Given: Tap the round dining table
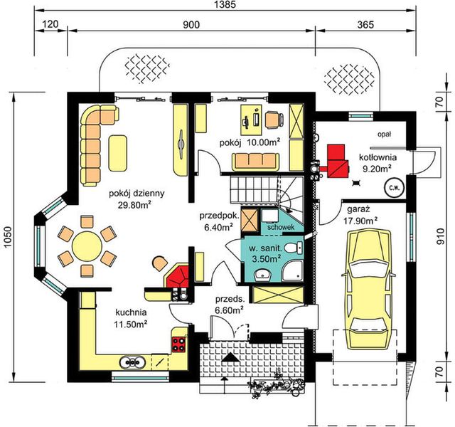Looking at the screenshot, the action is click(87, 246).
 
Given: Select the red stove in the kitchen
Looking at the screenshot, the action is click(178, 344).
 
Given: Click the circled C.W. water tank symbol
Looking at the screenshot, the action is click(395, 188).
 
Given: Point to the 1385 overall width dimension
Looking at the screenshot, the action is click(225, 5).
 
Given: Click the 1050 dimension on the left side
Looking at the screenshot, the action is click(8, 237).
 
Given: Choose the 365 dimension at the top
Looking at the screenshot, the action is click(365, 25).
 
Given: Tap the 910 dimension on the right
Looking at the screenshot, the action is click(440, 236).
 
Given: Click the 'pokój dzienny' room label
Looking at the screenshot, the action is click(136, 194).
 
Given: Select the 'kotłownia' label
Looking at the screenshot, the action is click(378, 157).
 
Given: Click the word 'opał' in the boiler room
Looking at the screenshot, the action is click(385, 135).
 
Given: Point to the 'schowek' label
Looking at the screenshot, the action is click(281, 227).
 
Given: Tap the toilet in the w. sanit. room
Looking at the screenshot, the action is click(294, 248).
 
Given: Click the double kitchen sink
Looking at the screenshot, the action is click(132, 362).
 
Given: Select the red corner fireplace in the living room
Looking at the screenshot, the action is click(177, 275).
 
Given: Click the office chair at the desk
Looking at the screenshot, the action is click(274, 120).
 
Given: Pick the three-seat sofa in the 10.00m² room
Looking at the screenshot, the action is click(255, 162).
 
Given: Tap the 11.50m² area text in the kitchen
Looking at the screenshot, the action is click(131, 324).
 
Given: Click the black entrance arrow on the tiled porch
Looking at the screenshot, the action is click(230, 357).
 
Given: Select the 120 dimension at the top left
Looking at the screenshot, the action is click(50, 24).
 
